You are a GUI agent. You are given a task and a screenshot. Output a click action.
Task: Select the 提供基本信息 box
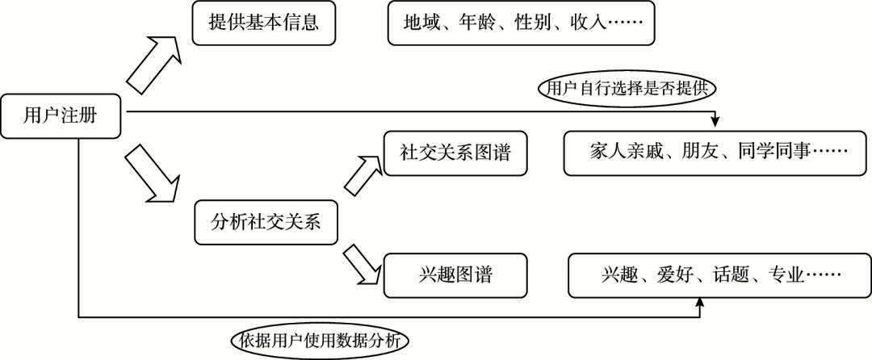[x=263, y=23]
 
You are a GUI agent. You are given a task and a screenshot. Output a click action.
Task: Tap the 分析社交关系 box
[x=265, y=223]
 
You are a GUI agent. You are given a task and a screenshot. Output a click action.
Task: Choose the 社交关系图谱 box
[x=456, y=153]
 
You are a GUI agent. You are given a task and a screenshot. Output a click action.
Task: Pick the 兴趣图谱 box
[x=456, y=275]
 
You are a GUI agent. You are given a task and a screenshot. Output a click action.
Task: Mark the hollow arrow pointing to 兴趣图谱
[x=360, y=263]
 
